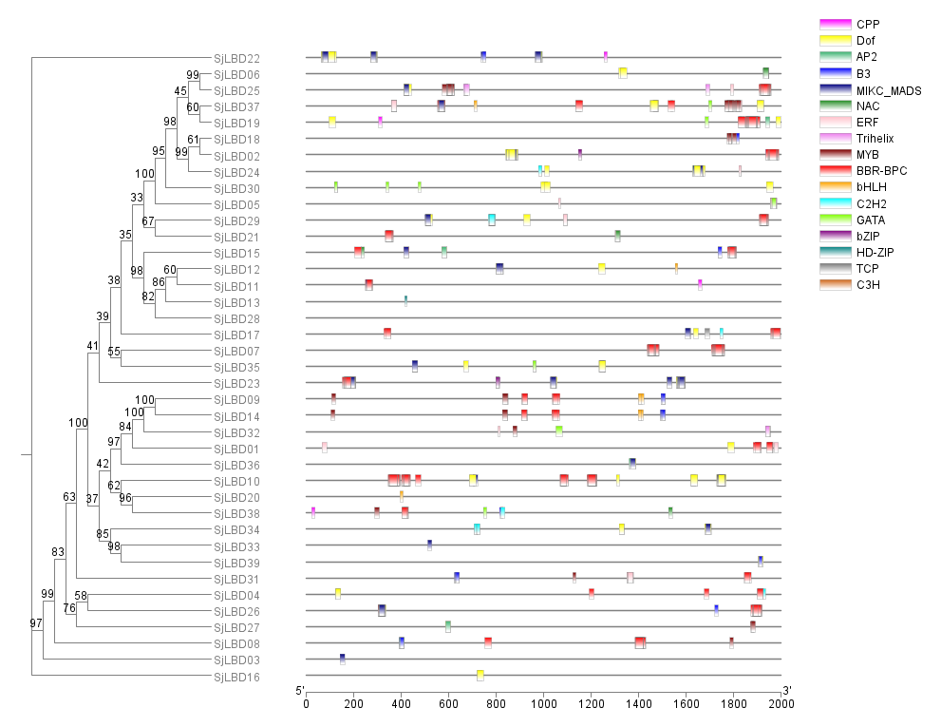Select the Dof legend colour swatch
point(835,40)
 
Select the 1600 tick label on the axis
point(687,702)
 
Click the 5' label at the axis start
point(300,690)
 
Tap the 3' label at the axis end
point(787,690)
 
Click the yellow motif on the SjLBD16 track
point(480,676)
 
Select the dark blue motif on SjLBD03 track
point(343,659)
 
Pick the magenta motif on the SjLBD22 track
point(606,57)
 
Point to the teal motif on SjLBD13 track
point(406,301)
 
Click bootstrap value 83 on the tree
point(58,552)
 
